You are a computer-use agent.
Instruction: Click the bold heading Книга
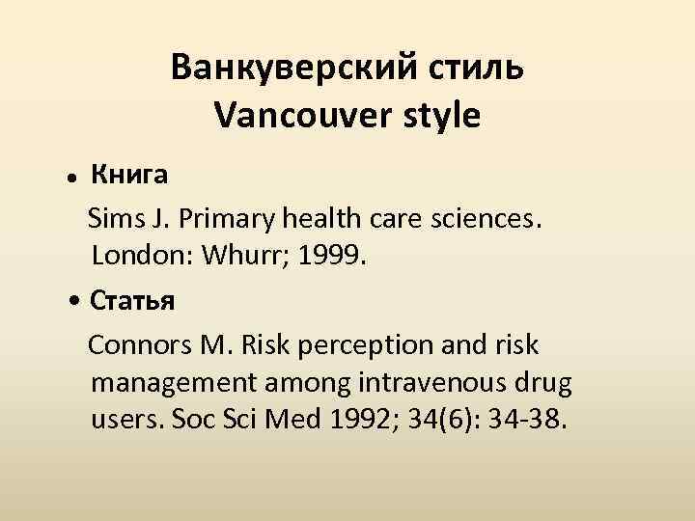(129, 175)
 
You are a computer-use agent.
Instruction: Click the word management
(171, 384)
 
